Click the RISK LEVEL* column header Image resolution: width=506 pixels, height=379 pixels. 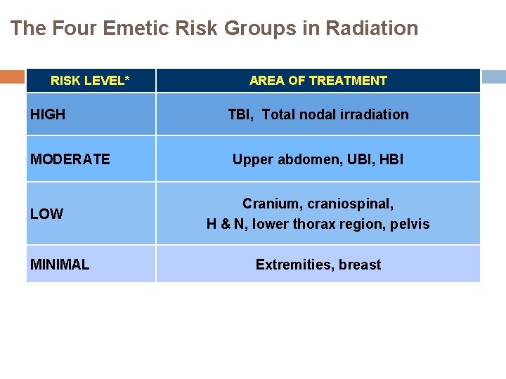pyautogui.click(x=90, y=81)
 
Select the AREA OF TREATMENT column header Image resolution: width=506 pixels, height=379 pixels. pyautogui.click(x=318, y=81)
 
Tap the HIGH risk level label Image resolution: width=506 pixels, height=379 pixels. pyautogui.click(x=48, y=114)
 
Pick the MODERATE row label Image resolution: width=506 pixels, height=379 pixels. pyautogui.click(x=70, y=159)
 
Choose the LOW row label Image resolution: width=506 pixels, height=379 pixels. pyautogui.click(x=46, y=214)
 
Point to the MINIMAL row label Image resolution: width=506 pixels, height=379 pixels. pyautogui.click(x=60, y=265)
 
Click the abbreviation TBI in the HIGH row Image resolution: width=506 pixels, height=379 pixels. pyautogui.click(x=240, y=114)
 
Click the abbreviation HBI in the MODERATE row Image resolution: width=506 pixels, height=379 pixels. pyautogui.click(x=390, y=159)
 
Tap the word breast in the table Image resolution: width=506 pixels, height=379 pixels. pyautogui.click(x=360, y=265)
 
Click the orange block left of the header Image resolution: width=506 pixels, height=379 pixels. pyautogui.click(x=12, y=77)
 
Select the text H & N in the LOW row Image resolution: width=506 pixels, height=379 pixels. pyautogui.click(x=224, y=225)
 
